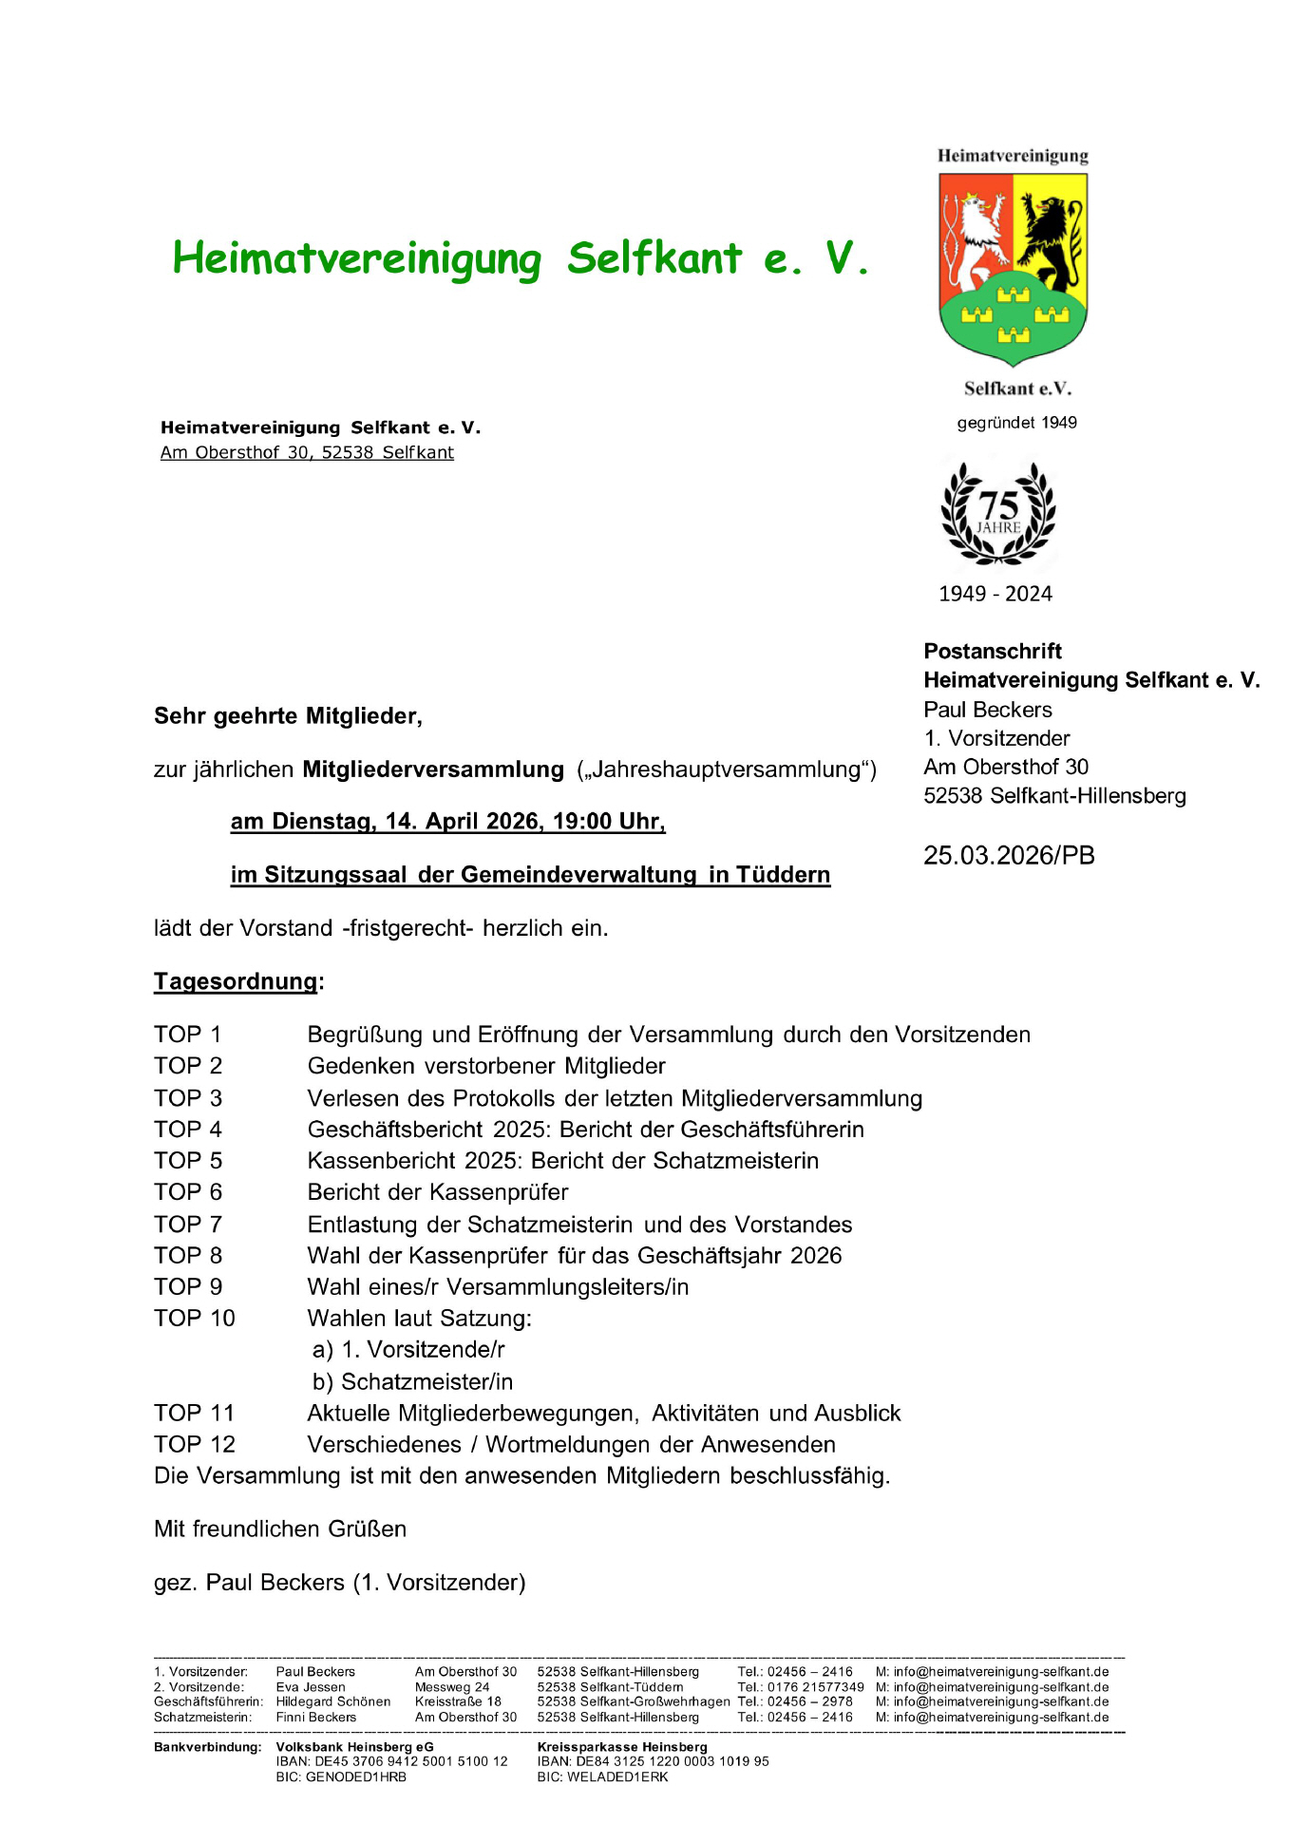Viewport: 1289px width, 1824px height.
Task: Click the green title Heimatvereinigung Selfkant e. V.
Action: [x=520, y=258]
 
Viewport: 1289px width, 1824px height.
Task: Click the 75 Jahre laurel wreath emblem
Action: [x=997, y=514]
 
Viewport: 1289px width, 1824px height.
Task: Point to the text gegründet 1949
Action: [x=1016, y=423]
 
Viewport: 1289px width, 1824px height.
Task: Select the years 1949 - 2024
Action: [x=995, y=594]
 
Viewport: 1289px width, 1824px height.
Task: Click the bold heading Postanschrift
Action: [x=993, y=651]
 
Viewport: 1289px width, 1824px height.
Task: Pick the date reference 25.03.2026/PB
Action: [x=1009, y=855]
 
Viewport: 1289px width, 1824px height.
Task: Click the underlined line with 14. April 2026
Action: [x=447, y=822]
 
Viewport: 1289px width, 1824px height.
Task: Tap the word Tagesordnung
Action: [x=236, y=981]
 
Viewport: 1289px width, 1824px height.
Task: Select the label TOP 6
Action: [x=188, y=1192]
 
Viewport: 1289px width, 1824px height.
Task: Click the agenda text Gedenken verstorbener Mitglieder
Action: [x=486, y=1066]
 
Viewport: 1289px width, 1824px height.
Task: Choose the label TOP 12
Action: [x=195, y=1444]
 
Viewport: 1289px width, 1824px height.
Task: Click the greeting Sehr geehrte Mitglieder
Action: [x=288, y=716]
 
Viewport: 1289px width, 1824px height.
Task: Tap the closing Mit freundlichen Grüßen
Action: [x=280, y=1529]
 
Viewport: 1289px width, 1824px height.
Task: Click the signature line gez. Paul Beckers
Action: [x=339, y=1582]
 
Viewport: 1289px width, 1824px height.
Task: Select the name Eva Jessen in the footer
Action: [x=311, y=1687]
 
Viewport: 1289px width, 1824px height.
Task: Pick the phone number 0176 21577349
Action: [x=815, y=1687]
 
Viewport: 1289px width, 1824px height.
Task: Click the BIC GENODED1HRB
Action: [x=340, y=1776]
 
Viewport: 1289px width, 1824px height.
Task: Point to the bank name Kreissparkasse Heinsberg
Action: [x=622, y=1746]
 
